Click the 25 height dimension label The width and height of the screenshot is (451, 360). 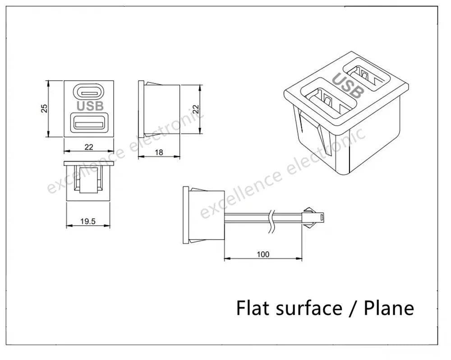[x=44, y=108]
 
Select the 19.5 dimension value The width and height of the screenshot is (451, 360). [x=88, y=222]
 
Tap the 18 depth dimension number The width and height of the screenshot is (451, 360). [x=159, y=152]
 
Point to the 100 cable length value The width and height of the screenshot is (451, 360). [x=263, y=254]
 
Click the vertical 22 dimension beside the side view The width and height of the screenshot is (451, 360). [x=195, y=109]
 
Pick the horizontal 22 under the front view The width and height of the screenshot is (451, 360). [x=89, y=147]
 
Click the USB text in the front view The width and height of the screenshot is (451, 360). [x=90, y=106]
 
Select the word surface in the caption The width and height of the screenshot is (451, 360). [x=309, y=308]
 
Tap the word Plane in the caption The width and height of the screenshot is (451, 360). [x=389, y=308]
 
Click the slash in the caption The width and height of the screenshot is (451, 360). [x=353, y=308]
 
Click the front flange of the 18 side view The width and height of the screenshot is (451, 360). [x=141, y=109]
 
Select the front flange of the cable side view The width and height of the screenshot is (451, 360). [x=186, y=215]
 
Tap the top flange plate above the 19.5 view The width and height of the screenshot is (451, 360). [x=89, y=164]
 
